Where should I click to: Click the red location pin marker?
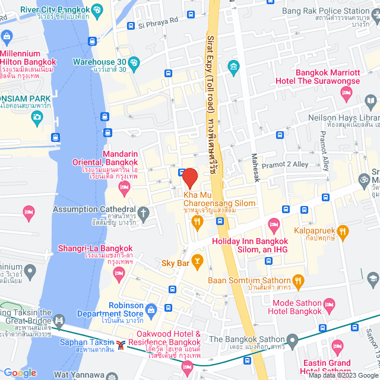pyautogui.click(x=189, y=178)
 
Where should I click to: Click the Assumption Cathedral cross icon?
pyautogui.click(x=143, y=212)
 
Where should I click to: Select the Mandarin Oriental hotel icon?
pyautogui.click(x=124, y=189)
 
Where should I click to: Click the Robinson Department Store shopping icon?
pyautogui.click(x=151, y=309)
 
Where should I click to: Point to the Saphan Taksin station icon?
pyautogui.click(x=121, y=344)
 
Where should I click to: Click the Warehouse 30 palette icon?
pyautogui.click(x=134, y=62)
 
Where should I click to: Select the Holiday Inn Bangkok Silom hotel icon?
pyautogui.click(x=273, y=224)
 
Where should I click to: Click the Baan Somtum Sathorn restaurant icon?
pyautogui.click(x=298, y=280)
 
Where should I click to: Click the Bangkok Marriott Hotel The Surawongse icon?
pyautogui.click(x=346, y=93)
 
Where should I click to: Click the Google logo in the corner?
pyautogui.click(x=19, y=372)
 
